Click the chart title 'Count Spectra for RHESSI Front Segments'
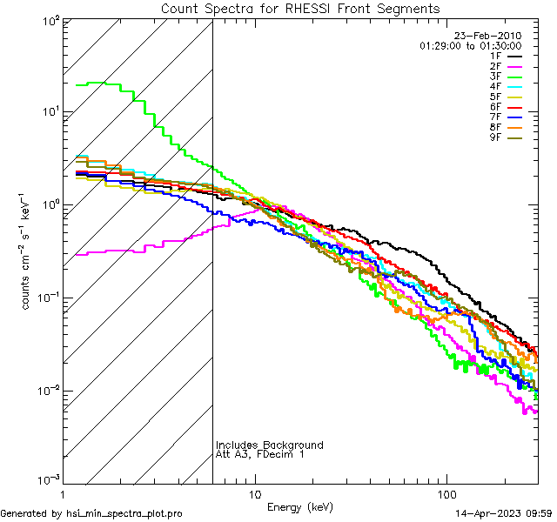point(300,9)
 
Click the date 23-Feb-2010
point(488,36)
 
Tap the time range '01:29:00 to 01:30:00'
point(470,45)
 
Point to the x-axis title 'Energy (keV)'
point(300,506)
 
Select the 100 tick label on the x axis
point(446,494)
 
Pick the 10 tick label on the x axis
point(254,494)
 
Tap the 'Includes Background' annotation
point(270,445)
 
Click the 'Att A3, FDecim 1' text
point(260,455)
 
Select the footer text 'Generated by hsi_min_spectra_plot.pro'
point(91,514)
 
